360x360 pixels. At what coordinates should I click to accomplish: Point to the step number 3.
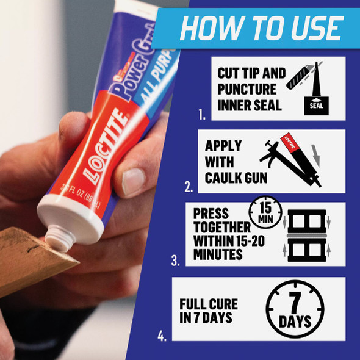tap(176, 261)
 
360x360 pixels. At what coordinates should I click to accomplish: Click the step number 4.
tap(162, 336)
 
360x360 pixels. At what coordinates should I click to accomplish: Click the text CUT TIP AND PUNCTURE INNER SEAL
tap(251, 89)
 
